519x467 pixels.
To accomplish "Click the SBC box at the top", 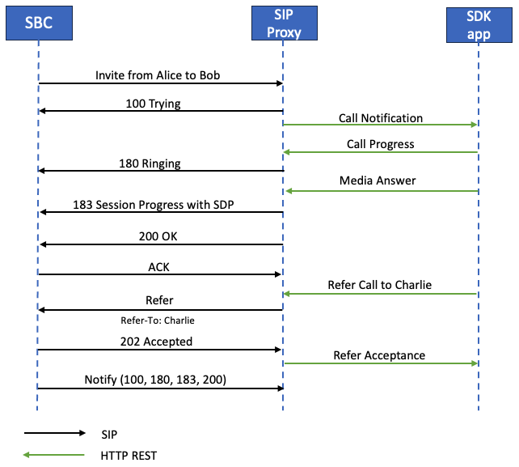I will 38,23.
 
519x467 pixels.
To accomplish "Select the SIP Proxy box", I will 282,23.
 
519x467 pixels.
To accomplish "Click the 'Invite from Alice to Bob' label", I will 157,75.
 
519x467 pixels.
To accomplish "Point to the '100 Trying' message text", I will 153,104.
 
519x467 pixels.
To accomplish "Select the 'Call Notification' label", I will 380,118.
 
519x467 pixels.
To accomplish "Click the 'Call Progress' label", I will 380,144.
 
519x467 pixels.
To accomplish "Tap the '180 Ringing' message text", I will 150,163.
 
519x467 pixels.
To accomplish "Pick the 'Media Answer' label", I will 380,180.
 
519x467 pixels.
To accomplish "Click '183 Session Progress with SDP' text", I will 153,205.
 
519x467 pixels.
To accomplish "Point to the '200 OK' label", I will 159,237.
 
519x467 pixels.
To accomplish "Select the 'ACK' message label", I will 159,266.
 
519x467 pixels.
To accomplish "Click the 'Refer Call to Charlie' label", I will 379,285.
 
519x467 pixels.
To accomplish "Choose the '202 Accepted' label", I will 156,342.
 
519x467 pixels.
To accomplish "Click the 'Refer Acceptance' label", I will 379,355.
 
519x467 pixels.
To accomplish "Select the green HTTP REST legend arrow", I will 55,455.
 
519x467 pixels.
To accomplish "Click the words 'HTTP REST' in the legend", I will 129,455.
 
